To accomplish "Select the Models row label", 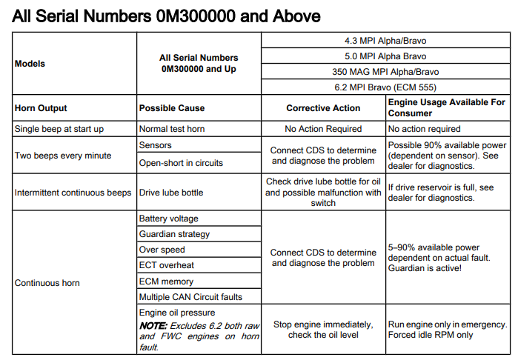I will tap(30, 64).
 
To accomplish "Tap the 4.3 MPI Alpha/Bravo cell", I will tap(386, 41).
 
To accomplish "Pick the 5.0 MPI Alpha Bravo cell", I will tap(386, 56).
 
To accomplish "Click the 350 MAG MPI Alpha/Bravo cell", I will tap(386, 72).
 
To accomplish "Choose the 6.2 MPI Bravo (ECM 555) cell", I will tap(386, 87).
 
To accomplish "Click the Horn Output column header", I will tap(41, 108).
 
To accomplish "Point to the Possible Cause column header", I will tap(172, 108).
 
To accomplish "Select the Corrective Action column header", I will tap(323, 108).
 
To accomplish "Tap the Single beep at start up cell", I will tap(59, 129).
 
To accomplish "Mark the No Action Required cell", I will tap(323, 129).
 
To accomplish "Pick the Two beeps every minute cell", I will tap(63, 156).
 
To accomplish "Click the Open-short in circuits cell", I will tap(181, 162).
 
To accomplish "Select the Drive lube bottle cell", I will tap(171, 193).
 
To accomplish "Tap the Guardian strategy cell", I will tap(174, 234).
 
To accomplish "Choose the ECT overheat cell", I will tap(167, 265).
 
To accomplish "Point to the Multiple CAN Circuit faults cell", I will tap(190, 297).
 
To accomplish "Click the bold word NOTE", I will tap(153, 325).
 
